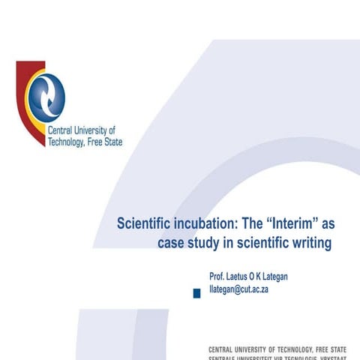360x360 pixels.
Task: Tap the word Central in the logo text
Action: pos(61,130)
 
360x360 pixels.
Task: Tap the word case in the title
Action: pos(172,243)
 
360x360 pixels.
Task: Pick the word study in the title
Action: pos(206,243)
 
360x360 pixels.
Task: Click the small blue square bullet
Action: pos(197,293)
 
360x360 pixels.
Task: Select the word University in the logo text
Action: pos(94,130)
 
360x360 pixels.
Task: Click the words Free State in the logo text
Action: pos(106,141)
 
